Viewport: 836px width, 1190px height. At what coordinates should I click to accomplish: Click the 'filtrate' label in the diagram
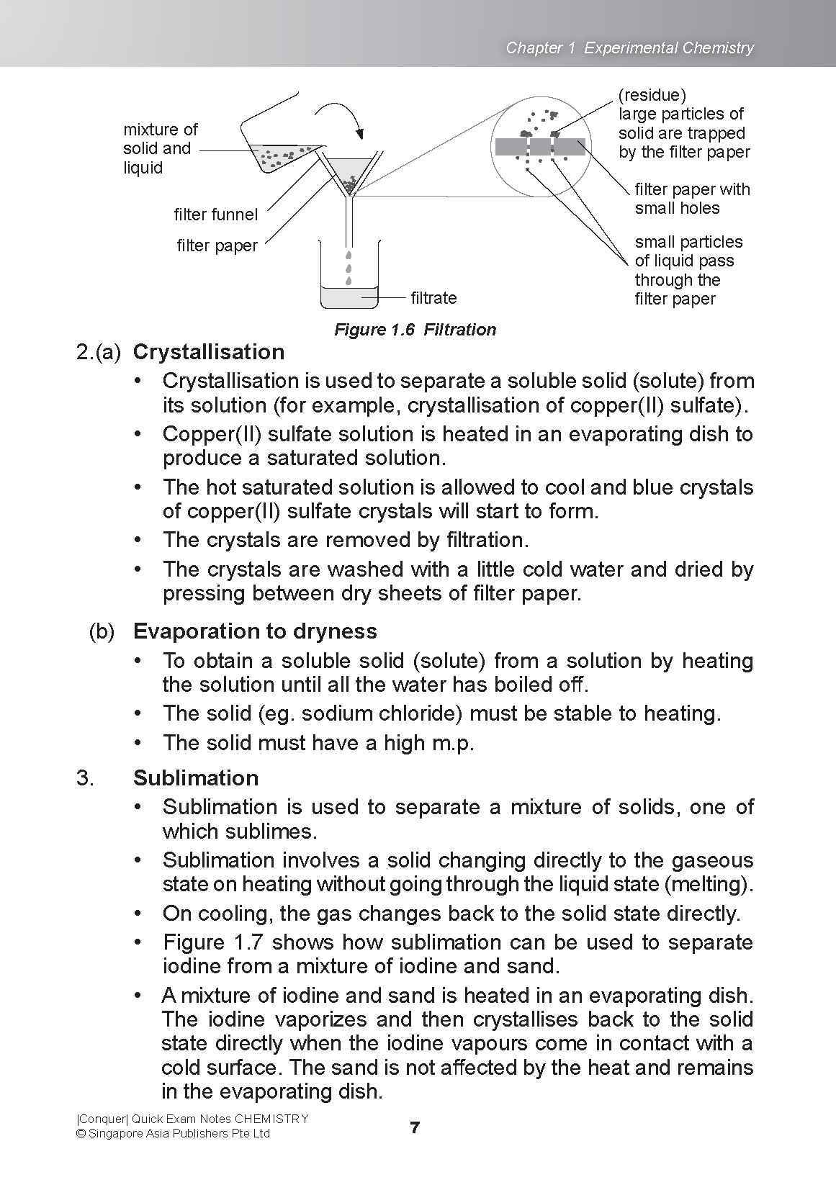coord(433,297)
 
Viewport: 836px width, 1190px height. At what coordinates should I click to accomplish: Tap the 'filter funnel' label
coord(215,215)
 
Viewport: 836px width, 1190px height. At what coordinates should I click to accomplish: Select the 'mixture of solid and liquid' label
coord(159,148)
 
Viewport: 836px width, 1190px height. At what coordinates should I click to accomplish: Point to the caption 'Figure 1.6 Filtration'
coord(415,330)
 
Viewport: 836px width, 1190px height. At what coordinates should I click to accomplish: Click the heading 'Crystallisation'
coord(209,352)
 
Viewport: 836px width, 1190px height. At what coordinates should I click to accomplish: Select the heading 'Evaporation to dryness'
coord(255,631)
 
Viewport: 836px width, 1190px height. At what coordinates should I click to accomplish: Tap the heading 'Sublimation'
coord(196,778)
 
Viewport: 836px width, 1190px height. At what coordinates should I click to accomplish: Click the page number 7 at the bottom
coord(415,1128)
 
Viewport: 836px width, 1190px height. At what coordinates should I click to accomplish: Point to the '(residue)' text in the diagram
coord(652,95)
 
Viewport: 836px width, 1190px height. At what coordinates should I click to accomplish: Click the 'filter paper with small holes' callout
coord(691,199)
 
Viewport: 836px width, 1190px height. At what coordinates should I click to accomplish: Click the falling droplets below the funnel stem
coord(349,268)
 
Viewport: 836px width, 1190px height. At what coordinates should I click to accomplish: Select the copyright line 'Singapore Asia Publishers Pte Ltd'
coord(179,1134)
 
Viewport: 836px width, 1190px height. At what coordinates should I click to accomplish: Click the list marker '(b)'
coord(102,631)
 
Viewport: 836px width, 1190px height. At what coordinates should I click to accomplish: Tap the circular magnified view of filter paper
coord(540,146)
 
